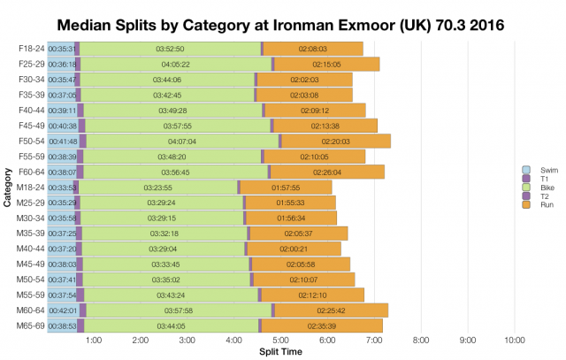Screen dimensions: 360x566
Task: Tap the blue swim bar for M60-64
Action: point(63,310)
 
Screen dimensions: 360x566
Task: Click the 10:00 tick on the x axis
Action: point(514,340)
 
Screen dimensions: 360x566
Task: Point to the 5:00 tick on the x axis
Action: point(280,340)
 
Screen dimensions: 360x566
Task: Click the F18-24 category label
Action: point(30,49)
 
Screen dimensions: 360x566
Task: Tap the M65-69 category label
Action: point(30,326)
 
